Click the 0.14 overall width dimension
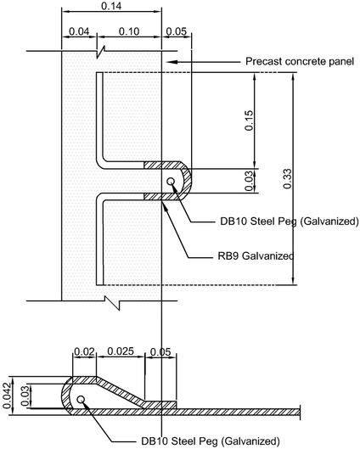pyautogui.click(x=111, y=7)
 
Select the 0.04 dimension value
pyautogui.click(x=78, y=31)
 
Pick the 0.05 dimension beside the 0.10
pyautogui.click(x=175, y=31)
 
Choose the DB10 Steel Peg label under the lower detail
pyautogui.click(x=210, y=441)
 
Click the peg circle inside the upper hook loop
pyautogui.click(x=172, y=182)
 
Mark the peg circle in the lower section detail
pyautogui.click(x=81, y=400)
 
